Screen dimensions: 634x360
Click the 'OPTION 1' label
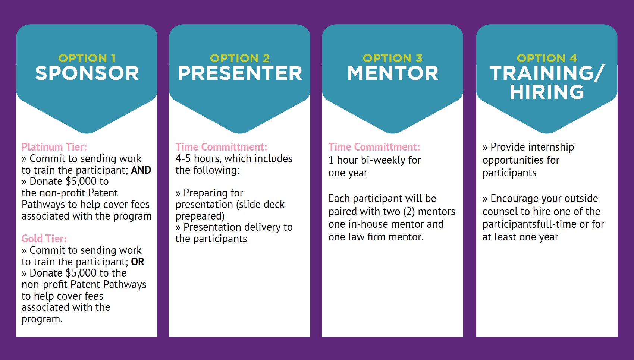[87, 58]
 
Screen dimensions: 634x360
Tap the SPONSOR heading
[87, 73]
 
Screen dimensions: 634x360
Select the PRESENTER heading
[240, 73]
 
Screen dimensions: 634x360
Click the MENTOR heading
[393, 73]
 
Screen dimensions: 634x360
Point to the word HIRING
[547, 92]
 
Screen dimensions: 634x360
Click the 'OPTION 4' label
[547, 58]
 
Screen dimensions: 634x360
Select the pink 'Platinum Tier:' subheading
[54, 147]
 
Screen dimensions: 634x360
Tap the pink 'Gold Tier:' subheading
[44, 239]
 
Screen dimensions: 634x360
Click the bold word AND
[141, 170]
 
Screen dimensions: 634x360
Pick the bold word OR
[138, 262]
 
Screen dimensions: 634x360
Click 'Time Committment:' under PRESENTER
[221, 147]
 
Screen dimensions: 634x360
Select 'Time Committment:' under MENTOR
[374, 147]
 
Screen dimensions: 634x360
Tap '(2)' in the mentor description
[409, 212]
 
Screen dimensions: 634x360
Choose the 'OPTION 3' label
[393, 58]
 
